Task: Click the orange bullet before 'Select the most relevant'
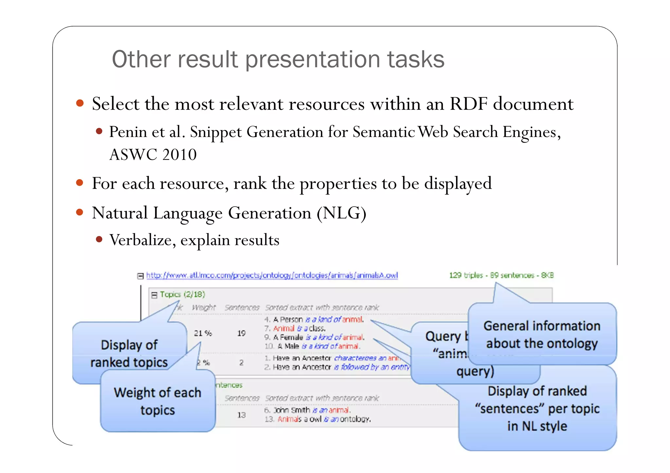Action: pos(79,104)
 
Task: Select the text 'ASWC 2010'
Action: pos(153,154)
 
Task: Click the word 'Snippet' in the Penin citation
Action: pos(216,132)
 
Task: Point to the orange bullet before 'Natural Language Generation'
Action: pos(79,212)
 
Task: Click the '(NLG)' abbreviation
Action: pos(341,213)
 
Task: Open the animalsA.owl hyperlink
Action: pos(272,275)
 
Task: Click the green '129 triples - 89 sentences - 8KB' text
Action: pos(501,275)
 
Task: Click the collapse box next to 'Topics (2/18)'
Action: pos(154,295)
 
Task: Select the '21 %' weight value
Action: pos(203,333)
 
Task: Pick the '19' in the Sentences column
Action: pos(241,333)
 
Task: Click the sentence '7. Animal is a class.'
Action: pos(295,328)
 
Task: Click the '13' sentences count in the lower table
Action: pos(241,415)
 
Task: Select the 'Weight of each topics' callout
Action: pos(157,401)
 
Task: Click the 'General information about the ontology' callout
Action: pos(542,334)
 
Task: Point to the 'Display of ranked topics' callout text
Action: pos(129,354)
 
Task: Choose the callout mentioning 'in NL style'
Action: pos(537,409)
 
